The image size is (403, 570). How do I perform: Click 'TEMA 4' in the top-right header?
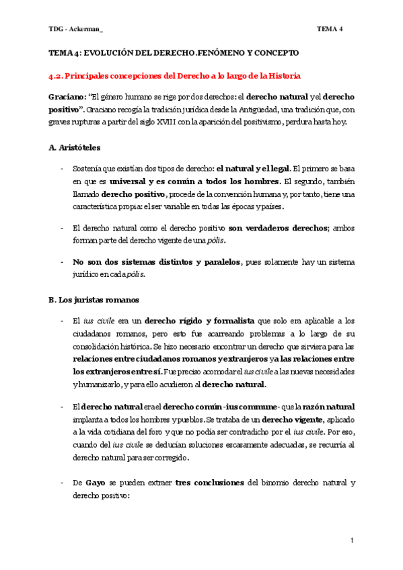[330, 28]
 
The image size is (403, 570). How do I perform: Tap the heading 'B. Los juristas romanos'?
[94, 299]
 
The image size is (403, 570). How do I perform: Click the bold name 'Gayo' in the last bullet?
[96, 483]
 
